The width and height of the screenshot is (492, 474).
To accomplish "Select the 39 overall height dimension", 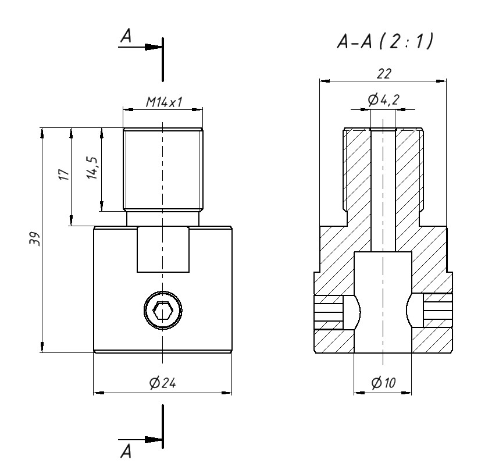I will point(35,239).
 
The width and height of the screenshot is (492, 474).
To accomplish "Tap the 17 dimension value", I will point(64,175).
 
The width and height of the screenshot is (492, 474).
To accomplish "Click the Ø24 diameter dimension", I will point(163,383).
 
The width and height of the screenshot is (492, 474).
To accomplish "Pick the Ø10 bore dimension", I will point(383,383).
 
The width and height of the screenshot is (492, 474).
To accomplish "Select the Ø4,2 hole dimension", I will point(383,101).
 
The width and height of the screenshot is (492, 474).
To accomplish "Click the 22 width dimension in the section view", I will point(384,73).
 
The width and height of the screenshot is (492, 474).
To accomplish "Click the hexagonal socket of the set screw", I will point(162,312).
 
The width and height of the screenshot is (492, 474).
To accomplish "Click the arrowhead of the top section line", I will point(154,47).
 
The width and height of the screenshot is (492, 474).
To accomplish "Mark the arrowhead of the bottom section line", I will point(154,440).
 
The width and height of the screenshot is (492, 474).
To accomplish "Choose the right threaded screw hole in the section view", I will point(437,312).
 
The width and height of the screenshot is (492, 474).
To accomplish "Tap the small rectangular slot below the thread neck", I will point(163,250).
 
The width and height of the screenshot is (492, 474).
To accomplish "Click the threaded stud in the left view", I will point(163,169).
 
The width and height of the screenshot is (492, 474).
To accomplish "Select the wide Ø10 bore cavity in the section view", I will point(383,302).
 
